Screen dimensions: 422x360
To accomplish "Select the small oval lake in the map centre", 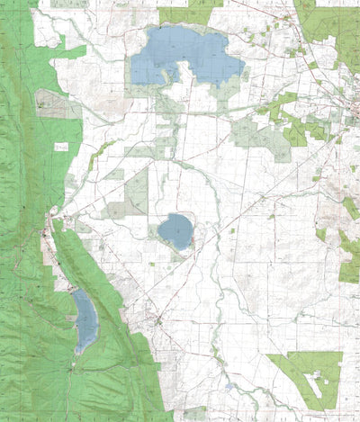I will coord(175,231).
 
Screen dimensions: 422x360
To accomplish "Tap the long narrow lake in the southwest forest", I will coord(85,319).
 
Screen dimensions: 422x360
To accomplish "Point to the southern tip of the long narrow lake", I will coord(81,352).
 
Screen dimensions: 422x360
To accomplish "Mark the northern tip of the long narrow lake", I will coord(76,290).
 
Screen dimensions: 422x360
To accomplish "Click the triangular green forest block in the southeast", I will coord(306,373).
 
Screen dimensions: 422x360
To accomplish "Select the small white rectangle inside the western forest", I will coord(61,146).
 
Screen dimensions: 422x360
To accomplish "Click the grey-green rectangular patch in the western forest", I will coord(56,106).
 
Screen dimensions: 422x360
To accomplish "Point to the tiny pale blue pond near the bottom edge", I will coord(231,387).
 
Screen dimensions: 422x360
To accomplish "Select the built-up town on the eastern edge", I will coord(346,99).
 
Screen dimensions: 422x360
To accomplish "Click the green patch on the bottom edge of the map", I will coord(194,415).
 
